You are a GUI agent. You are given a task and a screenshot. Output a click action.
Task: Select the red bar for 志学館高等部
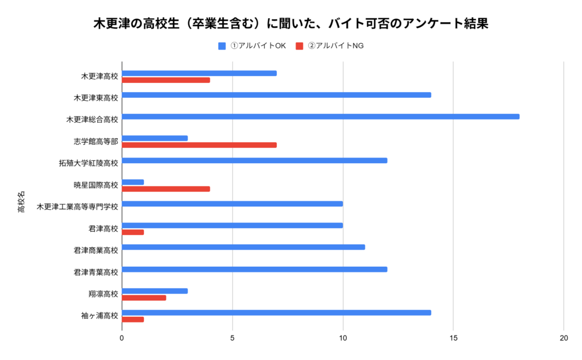(x=199, y=145)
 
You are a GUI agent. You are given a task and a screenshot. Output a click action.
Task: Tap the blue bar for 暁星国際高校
(x=133, y=182)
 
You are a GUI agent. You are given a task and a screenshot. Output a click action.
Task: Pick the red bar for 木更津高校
(x=166, y=80)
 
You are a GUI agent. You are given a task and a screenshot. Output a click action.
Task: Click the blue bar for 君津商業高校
(x=243, y=247)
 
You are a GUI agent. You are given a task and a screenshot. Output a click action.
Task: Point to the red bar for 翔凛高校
(x=144, y=297)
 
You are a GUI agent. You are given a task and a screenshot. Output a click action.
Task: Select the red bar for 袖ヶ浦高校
(x=133, y=320)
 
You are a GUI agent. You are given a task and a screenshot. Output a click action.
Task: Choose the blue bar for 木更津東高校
(x=276, y=95)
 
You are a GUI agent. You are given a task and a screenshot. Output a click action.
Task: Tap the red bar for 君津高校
(x=133, y=232)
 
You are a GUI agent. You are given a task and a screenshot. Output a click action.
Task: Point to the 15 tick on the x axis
(x=453, y=338)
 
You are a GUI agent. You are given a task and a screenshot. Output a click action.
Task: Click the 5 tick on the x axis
(x=232, y=338)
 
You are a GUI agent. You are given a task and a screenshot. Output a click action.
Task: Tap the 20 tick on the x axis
(x=563, y=338)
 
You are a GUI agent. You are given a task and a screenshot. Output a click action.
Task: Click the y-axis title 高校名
(x=21, y=202)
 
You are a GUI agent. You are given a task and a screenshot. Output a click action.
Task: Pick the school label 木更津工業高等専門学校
(x=77, y=206)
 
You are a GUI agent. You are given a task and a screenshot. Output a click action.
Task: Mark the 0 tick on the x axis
(x=122, y=338)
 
